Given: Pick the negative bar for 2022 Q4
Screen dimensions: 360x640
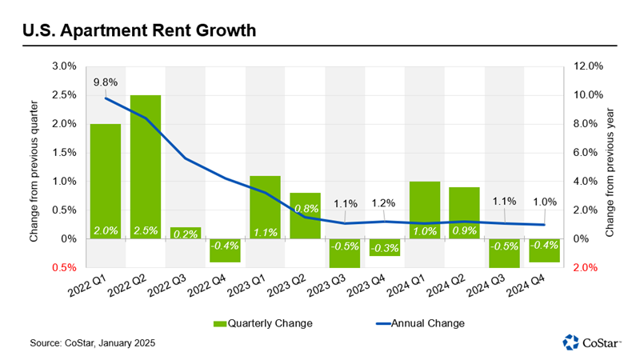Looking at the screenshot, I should tap(226, 250).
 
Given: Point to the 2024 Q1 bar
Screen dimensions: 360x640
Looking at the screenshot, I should tap(425, 210).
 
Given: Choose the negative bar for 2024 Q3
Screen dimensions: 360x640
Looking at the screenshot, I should tap(505, 253).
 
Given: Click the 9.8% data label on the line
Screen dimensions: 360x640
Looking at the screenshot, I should tap(106, 82).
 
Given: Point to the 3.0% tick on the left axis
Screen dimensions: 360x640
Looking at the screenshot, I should tap(65, 66).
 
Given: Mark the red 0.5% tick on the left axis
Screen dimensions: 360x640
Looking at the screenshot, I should tap(65, 268).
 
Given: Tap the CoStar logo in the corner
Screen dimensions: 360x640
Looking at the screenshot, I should tap(592, 342).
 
